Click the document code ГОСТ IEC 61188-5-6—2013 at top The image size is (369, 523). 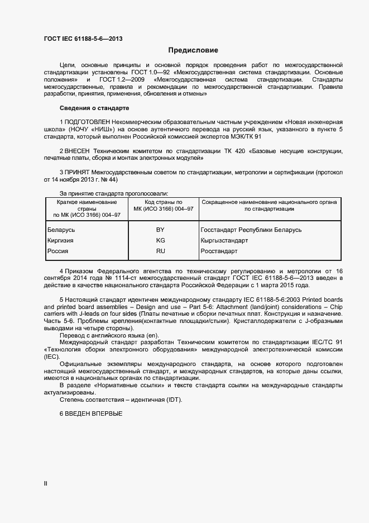83,39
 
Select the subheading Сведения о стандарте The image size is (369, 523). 94,107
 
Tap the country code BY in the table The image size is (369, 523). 160,230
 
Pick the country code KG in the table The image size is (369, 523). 160,240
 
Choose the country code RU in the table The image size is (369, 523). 160,251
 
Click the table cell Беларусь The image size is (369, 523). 61,230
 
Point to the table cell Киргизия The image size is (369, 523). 61,240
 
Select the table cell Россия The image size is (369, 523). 57,251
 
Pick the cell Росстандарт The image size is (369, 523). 219,251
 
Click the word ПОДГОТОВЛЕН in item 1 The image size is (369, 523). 87,121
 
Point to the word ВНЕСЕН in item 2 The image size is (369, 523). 78,151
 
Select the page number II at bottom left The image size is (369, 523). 46,483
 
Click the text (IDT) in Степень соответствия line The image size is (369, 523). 171,400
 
